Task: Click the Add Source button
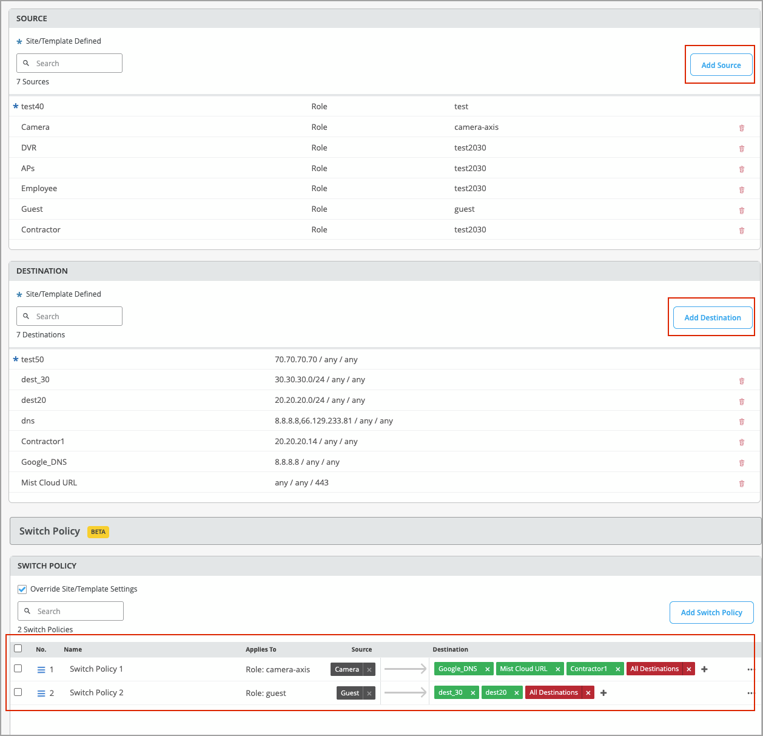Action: coord(721,65)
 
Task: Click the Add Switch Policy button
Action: coord(711,613)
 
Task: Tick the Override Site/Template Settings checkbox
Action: coord(22,589)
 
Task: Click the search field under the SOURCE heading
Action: coord(70,63)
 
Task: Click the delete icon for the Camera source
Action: coord(741,128)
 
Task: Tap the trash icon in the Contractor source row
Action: coord(741,231)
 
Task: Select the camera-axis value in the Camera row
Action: coord(476,127)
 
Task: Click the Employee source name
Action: coord(39,189)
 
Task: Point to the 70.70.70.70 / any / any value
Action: coord(316,360)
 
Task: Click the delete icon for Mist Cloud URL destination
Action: coord(741,484)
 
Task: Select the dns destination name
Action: coord(28,421)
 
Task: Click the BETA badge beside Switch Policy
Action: coord(98,532)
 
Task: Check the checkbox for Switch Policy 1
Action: coord(18,669)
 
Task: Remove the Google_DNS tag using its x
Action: coord(488,669)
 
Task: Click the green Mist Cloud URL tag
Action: coord(523,669)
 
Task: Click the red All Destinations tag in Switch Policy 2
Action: coord(553,692)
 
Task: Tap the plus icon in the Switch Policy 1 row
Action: coord(704,669)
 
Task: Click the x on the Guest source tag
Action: coord(369,693)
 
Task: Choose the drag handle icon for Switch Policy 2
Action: coord(41,694)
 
